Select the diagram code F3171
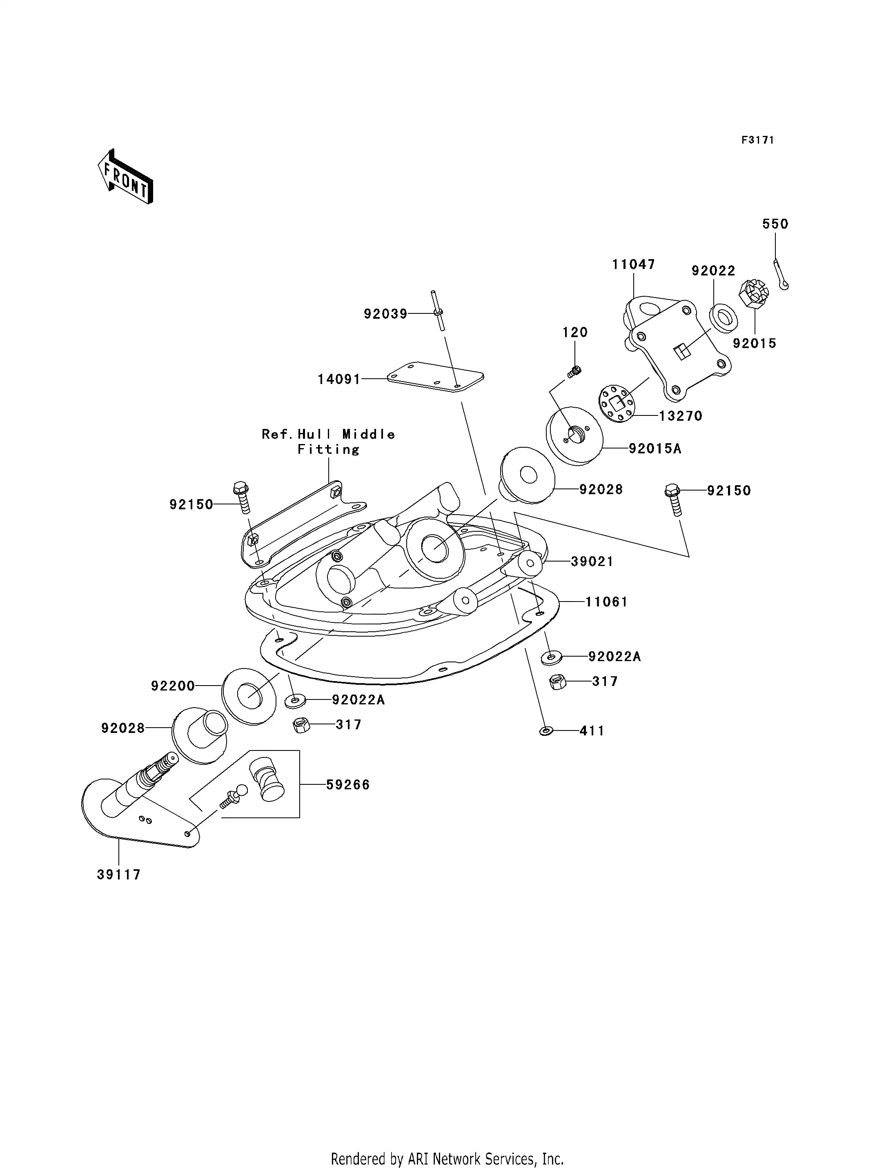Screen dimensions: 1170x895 [757, 140]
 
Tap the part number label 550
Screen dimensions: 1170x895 [775, 224]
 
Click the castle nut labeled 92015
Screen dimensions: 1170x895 [753, 293]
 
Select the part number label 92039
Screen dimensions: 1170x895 [385, 314]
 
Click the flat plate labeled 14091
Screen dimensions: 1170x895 [435, 377]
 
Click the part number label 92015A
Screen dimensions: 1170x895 [655, 449]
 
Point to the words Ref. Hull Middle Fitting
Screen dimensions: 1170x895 [328, 442]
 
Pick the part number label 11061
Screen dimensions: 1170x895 [606, 602]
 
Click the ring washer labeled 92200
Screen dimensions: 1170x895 [249, 695]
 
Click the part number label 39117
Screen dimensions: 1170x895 [119, 875]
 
